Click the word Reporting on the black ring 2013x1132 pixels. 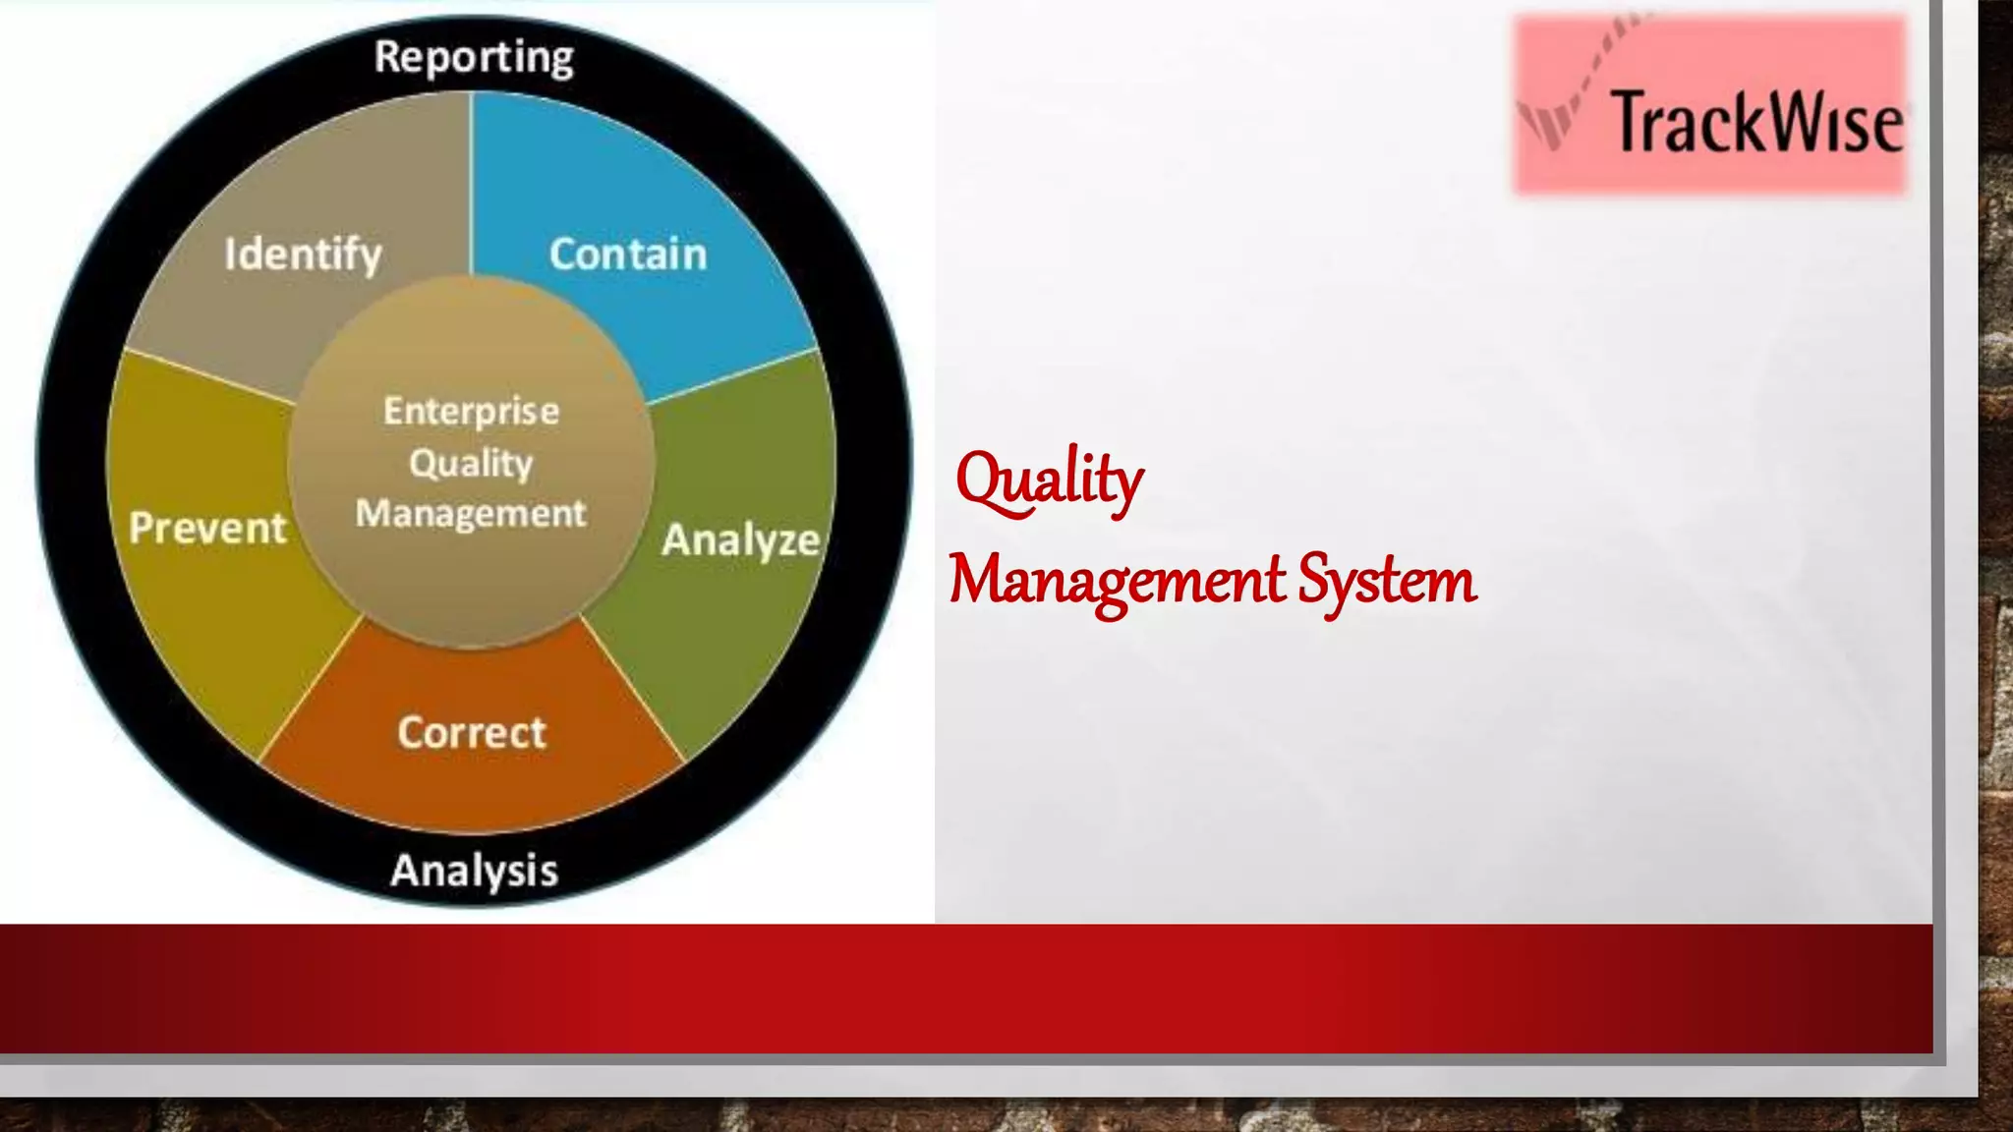(474, 57)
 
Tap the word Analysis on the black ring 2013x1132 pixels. (474, 871)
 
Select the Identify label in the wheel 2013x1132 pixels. (303, 255)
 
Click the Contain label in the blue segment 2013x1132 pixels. (628, 255)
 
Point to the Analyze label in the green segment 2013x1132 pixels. (740, 540)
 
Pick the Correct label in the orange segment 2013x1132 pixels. (472, 733)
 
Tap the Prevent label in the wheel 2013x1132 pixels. (207, 529)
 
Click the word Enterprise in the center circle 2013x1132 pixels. (472, 411)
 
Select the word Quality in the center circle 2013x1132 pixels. (472, 463)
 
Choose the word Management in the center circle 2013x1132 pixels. (472, 513)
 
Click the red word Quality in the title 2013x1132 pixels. (1049, 481)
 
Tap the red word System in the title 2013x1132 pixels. (1386, 581)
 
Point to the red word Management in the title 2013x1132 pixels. (1117, 581)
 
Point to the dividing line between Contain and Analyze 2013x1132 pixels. (732, 376)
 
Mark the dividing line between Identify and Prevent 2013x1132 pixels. (210, 376)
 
